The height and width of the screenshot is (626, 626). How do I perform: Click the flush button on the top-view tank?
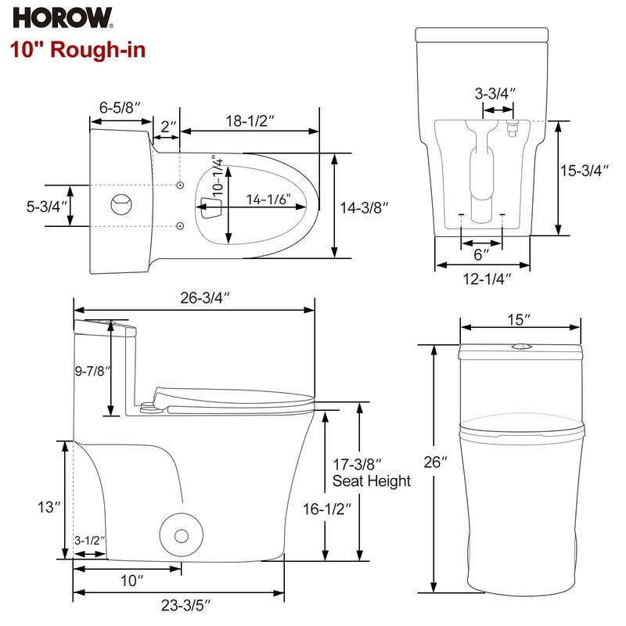(x=120, y=203)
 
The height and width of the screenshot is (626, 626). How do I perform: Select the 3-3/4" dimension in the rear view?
(x=495, y=94)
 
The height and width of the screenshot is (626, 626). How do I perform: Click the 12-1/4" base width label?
(x=483, y=279)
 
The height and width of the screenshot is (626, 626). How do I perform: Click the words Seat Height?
(x=371, y=481)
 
